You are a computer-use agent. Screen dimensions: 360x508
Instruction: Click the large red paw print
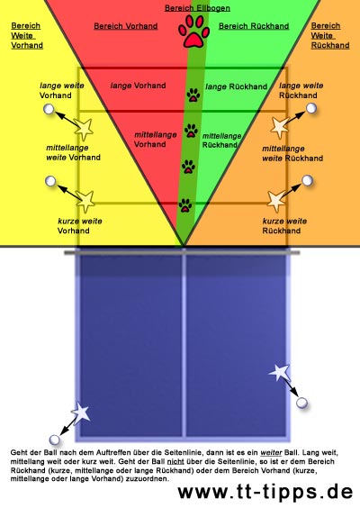[x=193, y=32]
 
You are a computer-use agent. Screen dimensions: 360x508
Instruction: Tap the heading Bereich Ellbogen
[x=197, y=8]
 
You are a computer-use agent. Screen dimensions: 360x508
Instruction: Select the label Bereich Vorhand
[x=126, y=26]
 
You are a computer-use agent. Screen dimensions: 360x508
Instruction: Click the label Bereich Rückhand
[x=254, y=26]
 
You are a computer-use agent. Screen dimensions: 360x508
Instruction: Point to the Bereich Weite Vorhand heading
[x=27, y=35]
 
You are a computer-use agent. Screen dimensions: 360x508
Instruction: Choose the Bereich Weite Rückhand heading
[x=330, y=35]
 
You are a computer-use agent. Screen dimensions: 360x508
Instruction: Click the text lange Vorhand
[x=139, y=86]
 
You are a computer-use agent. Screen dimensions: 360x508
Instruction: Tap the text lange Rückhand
[x=237, y=86]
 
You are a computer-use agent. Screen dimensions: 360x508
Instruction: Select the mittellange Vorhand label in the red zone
[x=156, y=140]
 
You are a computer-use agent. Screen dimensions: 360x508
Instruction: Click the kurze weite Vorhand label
[x=79, y=226]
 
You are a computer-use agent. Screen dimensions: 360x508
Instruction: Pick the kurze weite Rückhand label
[x=284, y=226]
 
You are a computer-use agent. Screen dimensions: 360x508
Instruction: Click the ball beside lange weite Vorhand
[x=49, y=109]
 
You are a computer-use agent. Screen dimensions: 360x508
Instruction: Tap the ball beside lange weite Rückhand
[x=311, y=108]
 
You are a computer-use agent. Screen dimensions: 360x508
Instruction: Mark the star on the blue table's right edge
[x=280, y=373]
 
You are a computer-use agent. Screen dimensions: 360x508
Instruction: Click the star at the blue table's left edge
[x=81, y=413]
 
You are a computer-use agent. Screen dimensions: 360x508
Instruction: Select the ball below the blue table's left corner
[x=55, y=440]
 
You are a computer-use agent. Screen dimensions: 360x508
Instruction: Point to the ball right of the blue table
[x=301, y=403]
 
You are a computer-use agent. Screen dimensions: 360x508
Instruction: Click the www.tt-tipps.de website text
[x=265, y=492]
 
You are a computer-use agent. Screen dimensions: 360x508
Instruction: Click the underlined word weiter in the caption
[x=271, y=452]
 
